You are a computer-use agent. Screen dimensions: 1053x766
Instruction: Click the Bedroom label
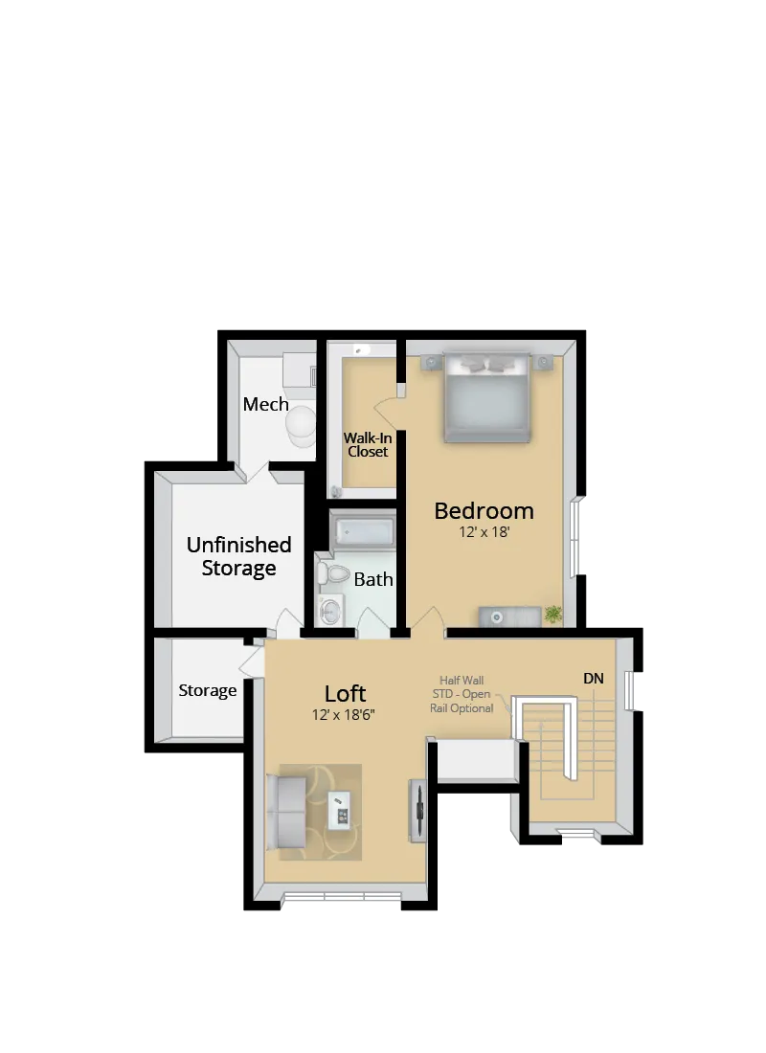coord(484,510)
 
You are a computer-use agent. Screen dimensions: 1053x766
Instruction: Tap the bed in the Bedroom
coord(487,397)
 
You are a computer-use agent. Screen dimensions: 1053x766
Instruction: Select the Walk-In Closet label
coord(368,444)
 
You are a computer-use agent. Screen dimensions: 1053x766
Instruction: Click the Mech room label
coord(265,404)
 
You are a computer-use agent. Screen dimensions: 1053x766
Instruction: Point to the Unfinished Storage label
coord(238,556)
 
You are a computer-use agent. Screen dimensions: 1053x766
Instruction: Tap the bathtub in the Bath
coord(363,529)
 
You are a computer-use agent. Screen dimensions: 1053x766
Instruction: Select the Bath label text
coord(373,579)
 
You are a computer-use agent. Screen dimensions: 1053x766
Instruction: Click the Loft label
coord(345,694)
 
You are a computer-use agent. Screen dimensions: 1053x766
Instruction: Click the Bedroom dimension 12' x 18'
coord(484,531)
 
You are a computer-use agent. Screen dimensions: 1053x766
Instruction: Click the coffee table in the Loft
coord(340,810)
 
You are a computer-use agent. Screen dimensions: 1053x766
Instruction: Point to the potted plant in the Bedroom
coord(553,614)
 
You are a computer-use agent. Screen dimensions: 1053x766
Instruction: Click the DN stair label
coord(594,679)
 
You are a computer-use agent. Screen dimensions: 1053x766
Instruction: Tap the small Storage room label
coord(208,690)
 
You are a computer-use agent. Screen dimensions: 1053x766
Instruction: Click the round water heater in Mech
coord(301,424)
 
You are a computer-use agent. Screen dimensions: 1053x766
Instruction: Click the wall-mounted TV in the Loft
coord(418,812)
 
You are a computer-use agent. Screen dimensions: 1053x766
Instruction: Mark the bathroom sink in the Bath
coord(331,610)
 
